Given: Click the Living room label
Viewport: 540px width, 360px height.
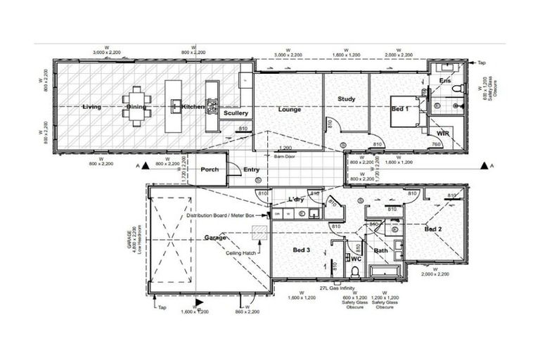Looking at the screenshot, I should pos(91,107).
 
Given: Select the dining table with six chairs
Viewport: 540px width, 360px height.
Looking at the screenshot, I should pos(136,105).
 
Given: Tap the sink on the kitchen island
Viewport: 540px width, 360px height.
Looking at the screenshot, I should pos(174,105).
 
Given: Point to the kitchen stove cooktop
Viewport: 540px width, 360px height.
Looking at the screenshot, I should pos(212,91).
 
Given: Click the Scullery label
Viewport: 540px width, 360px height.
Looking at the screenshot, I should pos(236,112).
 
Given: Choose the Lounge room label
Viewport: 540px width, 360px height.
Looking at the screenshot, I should pos(289,110).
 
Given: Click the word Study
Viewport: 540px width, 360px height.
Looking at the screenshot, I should pos(347,99).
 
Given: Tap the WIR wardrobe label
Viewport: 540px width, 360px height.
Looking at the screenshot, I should pos(442,133).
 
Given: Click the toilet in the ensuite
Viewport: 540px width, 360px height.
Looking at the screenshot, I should pos(456,89).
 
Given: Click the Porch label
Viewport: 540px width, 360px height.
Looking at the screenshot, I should pos(210,169).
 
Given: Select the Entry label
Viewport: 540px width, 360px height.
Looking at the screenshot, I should pos(251,169).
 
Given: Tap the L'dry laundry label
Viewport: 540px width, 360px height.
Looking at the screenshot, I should pos(295,200).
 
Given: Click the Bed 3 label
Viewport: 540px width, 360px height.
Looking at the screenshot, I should pos(303,250).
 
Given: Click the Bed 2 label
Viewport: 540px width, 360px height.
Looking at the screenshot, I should pos(433,229).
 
